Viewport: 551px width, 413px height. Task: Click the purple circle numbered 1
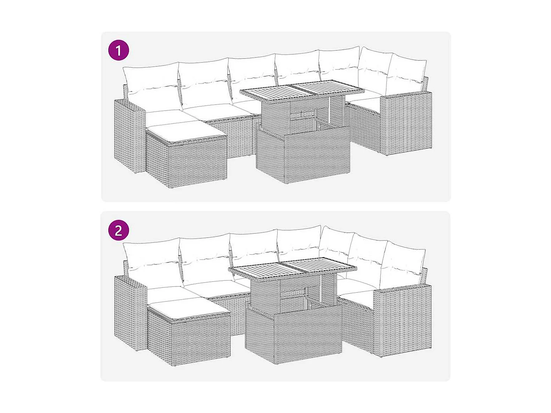[x=119, y=50]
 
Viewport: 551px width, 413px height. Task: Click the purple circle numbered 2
[x=119, y=230]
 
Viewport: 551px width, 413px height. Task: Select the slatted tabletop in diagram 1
[x=302, y=91]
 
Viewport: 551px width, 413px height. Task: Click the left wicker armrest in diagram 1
[x=129, y=136]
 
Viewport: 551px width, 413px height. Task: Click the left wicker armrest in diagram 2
[x=130, y=312]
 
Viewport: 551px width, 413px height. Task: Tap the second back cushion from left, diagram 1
[x=205, y=83]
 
